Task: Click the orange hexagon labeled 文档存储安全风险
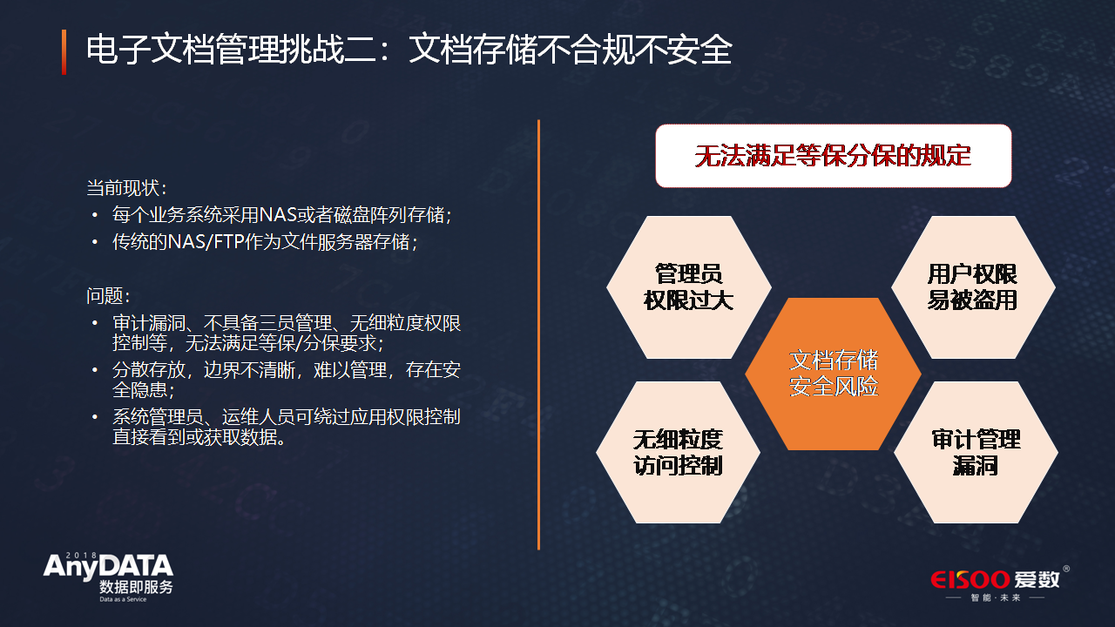(x=833, y=374)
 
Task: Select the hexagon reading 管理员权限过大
(x=689, y=287)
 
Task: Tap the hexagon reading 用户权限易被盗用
(x=973, y=287)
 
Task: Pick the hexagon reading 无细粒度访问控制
(x=678, y=452)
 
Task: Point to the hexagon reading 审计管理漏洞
(x=976, y=452)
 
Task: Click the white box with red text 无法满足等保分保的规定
(x=834, y=156)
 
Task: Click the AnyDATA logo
(x=109, y=577)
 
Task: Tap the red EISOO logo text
(x=970, y=580)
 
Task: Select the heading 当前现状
(x=126, y=188)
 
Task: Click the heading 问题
(x=108, y=296)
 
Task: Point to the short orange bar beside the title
(x=64, y=52)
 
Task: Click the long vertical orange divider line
(x=538, y=334)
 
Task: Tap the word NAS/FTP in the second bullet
(x=206, y=242)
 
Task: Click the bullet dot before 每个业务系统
(x=95, y=215)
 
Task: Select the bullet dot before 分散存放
(x=95, y=370)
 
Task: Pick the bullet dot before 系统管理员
(x=95, y=417)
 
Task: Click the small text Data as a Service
(x=123, y=599)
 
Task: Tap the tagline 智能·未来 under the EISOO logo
(x=996, y=597)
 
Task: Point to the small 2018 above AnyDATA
(x=82, y=555)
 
